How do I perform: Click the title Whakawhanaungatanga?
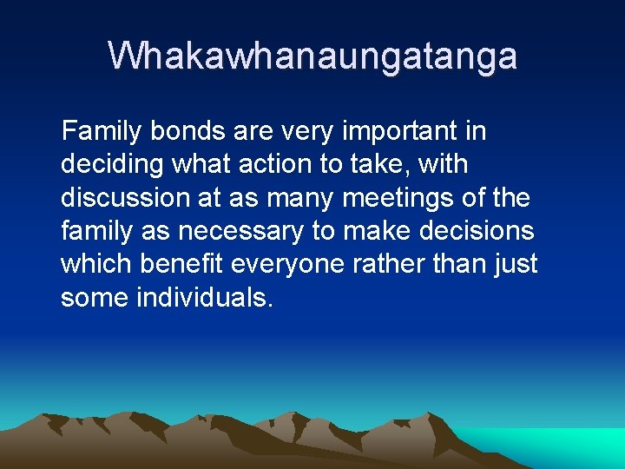312,56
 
